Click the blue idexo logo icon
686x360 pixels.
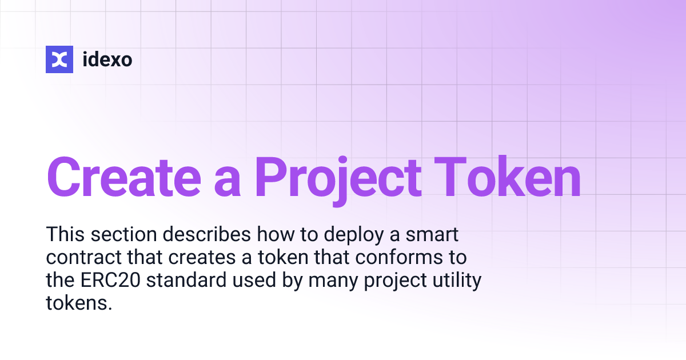(59, 59)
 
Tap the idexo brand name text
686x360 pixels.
(107, 59)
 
